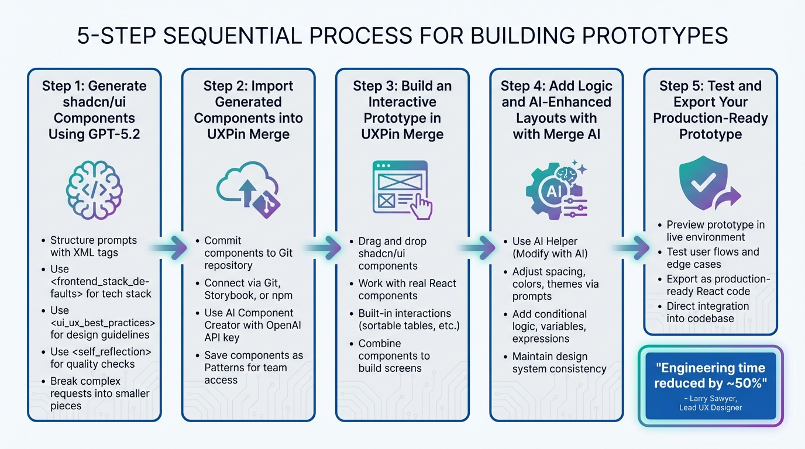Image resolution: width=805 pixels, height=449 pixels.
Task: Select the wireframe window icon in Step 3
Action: pyautogui.click(x=401, y=189)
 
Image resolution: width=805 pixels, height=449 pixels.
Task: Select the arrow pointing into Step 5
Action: pyautogui.click(x=632, y=247)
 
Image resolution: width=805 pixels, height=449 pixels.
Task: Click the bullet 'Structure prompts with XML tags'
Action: pyautogui.click(x=93, y=246)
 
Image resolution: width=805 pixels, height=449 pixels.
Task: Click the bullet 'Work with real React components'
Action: pyautogui.click(x=407, y=289)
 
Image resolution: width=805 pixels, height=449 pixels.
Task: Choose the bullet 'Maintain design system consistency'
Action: pyautogui.click(x=559, y=362)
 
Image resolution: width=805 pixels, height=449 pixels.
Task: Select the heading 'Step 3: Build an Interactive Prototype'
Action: pyautogui.click(x=402, y=110)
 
